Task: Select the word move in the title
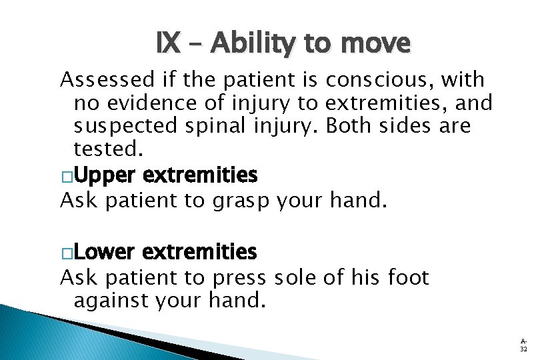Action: click(x=375, y=44)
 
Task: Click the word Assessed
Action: click(x=100, y=80)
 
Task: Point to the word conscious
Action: click(x=377, y=80)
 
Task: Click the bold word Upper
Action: click(x=105, y=175)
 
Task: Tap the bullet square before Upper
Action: click(x=66, y=176)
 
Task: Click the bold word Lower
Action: click(x=105, y=252)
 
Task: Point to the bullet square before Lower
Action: click(x=66, y=253)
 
